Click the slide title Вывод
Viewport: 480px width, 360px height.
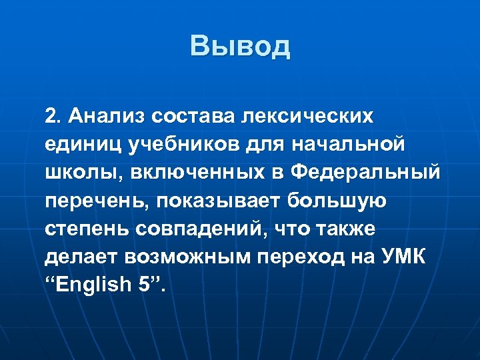[240, 46]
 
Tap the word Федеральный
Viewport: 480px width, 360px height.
[365, 173]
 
